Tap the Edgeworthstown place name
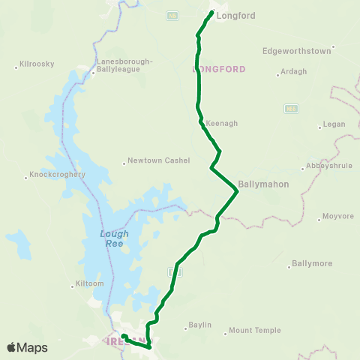point(296,52)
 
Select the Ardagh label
point(292,71)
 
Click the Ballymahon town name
point(263,183)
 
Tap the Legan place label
point(332,124)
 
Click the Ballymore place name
point(311,263)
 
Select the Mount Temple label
point(255,330)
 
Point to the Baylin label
point(199,325)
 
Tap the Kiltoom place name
point(83,284)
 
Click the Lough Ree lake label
point(115,238)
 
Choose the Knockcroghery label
point(58,175)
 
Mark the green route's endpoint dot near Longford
point(211,13)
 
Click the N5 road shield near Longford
point(172,14)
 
